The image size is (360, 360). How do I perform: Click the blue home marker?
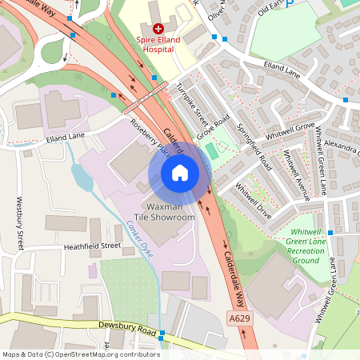point(180,173)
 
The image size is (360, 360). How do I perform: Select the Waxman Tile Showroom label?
point(166,212)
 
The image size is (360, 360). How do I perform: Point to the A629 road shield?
point(238,318)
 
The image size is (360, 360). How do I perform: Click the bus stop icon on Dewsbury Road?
point(162,333)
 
